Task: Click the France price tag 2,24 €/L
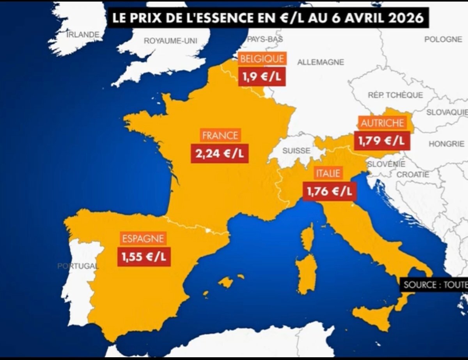[220, 154]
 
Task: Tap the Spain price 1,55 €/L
[144, 256]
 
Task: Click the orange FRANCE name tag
[220, 136]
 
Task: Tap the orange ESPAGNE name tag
[143, 238]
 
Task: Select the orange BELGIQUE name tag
[262, 59]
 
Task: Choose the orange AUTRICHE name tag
[382, 123]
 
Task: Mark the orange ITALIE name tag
[328, 173]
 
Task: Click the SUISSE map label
[296, 151]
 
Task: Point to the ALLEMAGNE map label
[321, 62]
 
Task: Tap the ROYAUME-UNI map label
[171, 41]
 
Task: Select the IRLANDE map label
[83, 35]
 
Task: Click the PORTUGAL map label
[78, 266]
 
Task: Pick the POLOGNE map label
[443, 39]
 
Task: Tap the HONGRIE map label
[447, 144]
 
